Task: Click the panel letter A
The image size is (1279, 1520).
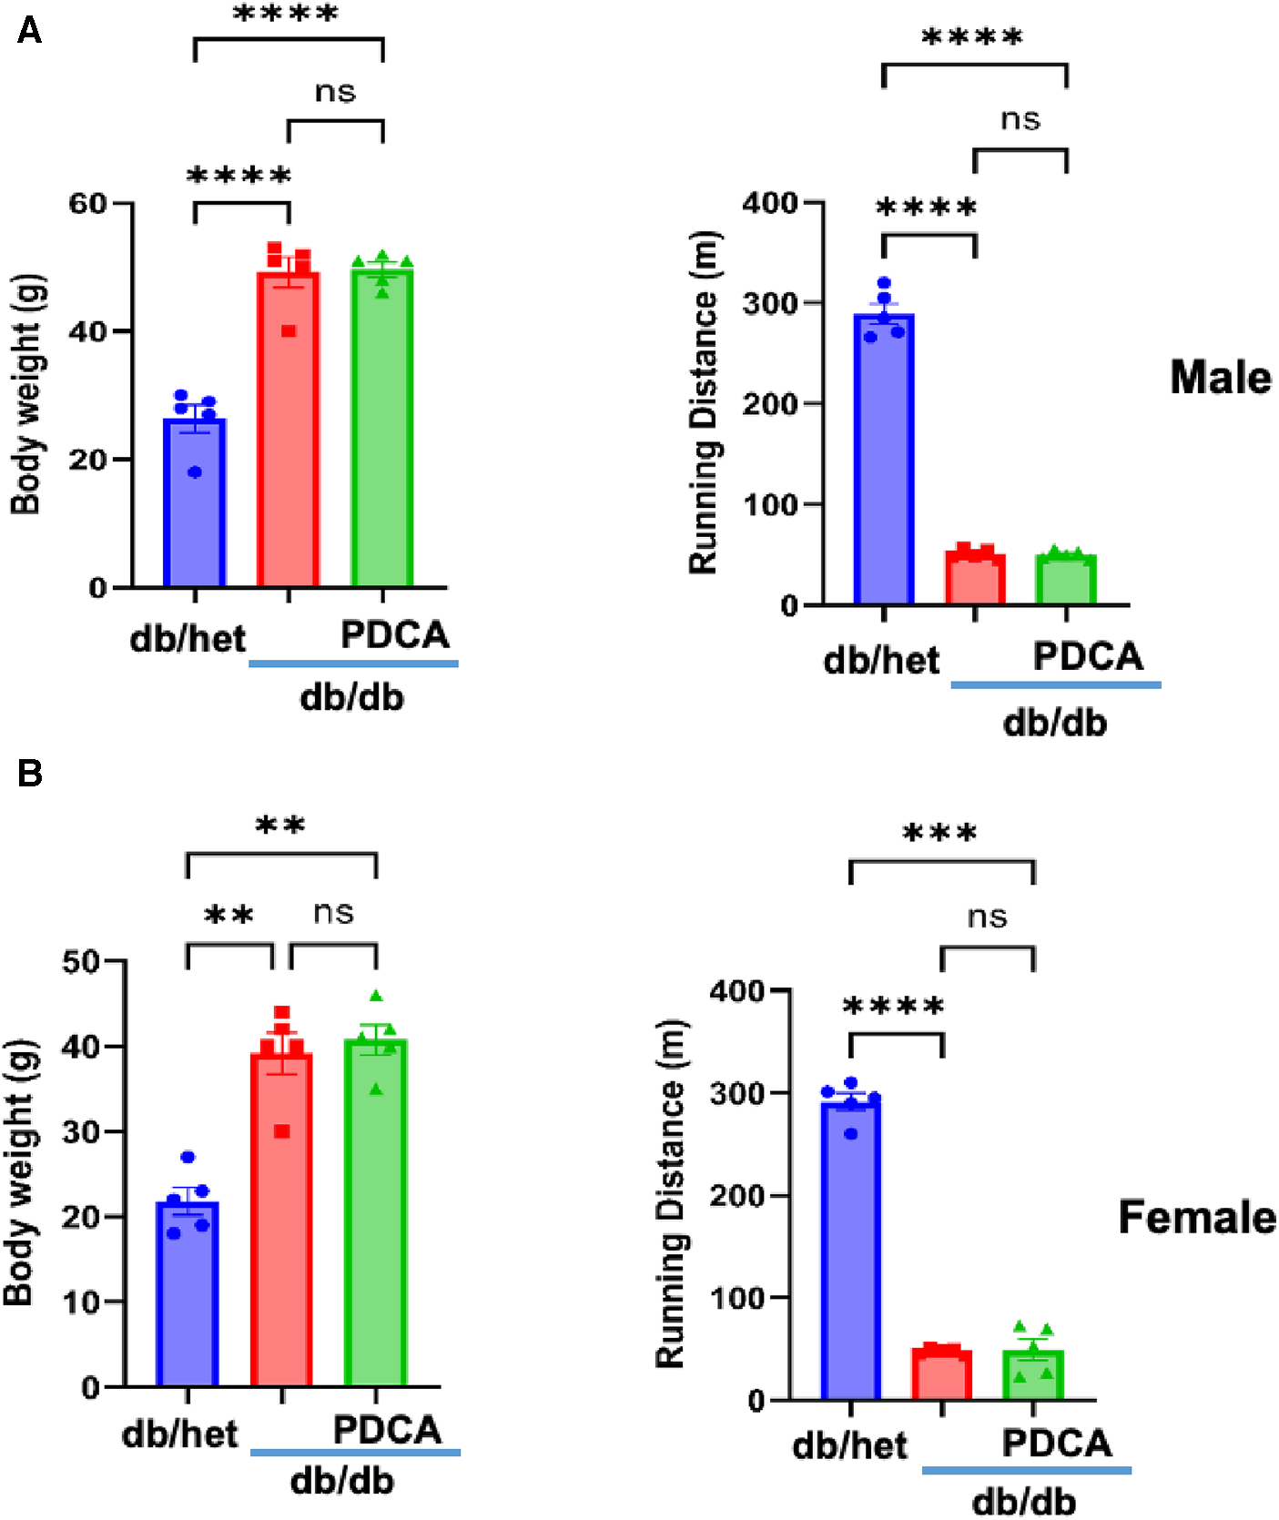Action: click(29, 32)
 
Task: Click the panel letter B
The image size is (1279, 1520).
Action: click(30, 774)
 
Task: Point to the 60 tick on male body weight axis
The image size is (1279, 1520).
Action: click(88, 203)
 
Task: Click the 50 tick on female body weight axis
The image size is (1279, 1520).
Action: click(81, 961)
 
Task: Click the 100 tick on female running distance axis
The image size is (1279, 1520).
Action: click(737, 1298)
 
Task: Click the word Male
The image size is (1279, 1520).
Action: click(1220, 377)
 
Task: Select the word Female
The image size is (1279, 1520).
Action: click(1197, 1217)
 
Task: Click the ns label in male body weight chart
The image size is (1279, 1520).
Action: click(335, 92)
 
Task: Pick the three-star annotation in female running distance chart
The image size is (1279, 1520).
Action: click(939, 833)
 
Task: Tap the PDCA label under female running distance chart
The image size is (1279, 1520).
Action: click(1056, 1443)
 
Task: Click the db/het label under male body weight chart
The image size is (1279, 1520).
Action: click(188, 638)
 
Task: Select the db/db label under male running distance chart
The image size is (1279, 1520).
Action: click(1054, 723)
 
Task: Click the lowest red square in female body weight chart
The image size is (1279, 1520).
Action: click(282, 1131)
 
